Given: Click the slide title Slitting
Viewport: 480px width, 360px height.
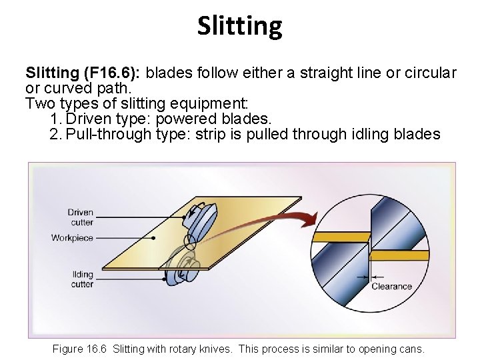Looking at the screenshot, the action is (240, 26).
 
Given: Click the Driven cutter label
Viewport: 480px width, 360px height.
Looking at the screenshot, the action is (81, 217).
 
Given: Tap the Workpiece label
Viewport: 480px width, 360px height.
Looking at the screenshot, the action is (73, 238).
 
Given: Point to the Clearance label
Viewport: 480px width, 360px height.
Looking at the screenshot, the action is (392, 287).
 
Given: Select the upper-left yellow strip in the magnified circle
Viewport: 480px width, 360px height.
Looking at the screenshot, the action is (340, 237).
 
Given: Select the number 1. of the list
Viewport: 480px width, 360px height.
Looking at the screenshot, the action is (56, 119).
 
